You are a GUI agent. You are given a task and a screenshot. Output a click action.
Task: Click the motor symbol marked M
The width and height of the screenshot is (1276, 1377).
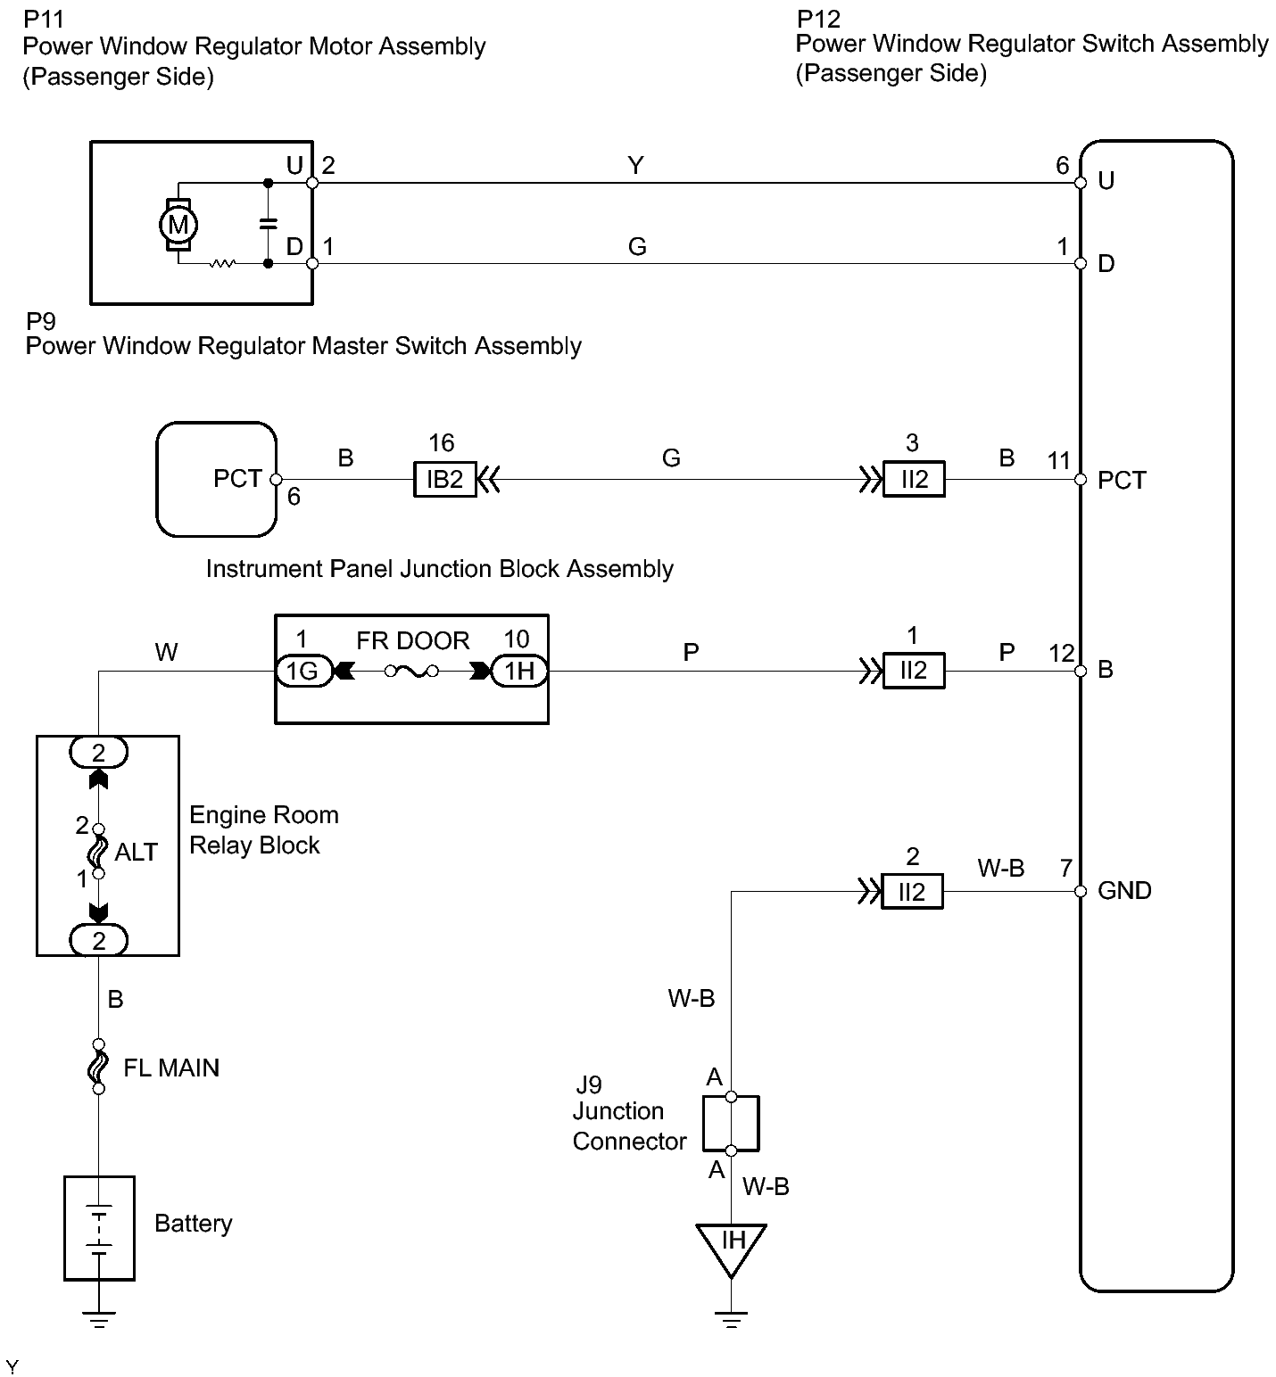tap(178, 224)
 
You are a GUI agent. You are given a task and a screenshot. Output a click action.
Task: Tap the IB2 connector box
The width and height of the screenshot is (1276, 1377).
tap(444, 480)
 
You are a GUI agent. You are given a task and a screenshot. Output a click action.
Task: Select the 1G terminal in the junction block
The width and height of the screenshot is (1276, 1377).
tap(303, 671)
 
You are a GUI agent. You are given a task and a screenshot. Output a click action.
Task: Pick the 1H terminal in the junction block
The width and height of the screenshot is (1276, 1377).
tap(519, 671)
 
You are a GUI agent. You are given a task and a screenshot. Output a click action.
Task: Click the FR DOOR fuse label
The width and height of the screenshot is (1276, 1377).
tap(412, 640)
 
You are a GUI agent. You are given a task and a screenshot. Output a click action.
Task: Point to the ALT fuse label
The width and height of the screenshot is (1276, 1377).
tap(136, 853)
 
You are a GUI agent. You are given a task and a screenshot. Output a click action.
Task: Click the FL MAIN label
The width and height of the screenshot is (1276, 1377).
tap(171, 1068)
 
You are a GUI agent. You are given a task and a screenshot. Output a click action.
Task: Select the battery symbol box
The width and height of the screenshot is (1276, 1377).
tap(99, 1228)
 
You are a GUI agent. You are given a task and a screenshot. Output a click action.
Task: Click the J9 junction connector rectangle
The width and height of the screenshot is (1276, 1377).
tap(732, 1123)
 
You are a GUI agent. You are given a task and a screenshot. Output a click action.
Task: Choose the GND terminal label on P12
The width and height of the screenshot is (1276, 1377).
tap(1124, 891)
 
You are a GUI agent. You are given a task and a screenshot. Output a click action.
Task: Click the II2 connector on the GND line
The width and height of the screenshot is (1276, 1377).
tap(912, 892)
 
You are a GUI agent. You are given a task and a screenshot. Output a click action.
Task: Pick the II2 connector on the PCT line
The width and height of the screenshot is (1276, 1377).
tap(914, 480)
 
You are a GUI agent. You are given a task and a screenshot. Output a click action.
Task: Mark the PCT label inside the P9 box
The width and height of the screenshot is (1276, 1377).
tap(237, 479)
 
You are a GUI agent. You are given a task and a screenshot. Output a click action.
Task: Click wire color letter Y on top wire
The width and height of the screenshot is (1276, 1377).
tap(635, 166)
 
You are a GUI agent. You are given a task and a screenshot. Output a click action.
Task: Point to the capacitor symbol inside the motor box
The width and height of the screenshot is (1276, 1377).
tap(268, 224)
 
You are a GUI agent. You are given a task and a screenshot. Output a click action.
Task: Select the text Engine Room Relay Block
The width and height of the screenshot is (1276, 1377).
tap(263, 830)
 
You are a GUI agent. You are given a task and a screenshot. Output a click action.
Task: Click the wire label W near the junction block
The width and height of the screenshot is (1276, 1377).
tap(166, 653)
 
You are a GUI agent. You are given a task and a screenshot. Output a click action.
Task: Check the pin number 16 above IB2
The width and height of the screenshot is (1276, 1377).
tap(441, 443)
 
